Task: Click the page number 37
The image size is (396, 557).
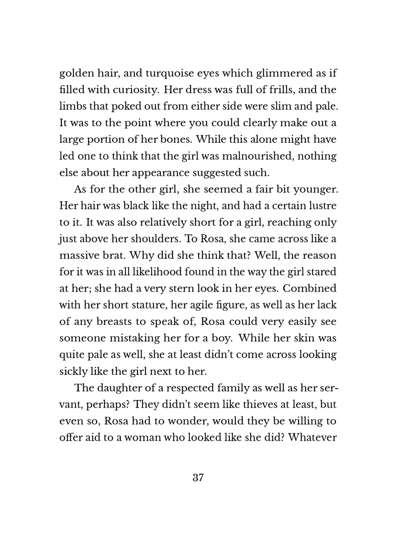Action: [198, 478]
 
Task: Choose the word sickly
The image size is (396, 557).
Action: [71, 371]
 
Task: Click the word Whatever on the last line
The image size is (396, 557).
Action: [312, 437]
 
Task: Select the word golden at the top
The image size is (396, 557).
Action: [76, 73]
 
